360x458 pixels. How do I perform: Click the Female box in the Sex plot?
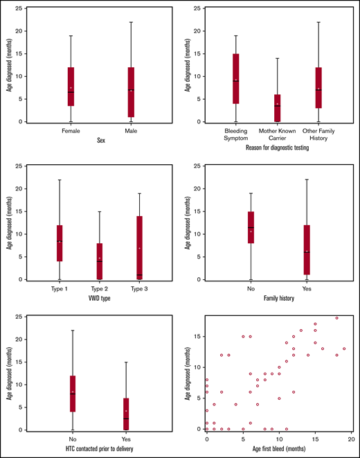(x=71, y=86)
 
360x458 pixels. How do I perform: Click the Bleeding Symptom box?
(x=236, y=78)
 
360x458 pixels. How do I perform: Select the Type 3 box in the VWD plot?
(x=140, y=247)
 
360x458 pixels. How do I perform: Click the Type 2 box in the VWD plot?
(x=100, y=261)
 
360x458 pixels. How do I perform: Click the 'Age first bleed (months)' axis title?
(x=278, y=450)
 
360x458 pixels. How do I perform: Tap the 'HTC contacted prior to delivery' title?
(x=101, y=450)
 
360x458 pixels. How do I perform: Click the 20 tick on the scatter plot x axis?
(x=351, y=439)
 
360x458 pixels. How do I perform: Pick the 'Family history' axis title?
(x=278, y=299)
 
